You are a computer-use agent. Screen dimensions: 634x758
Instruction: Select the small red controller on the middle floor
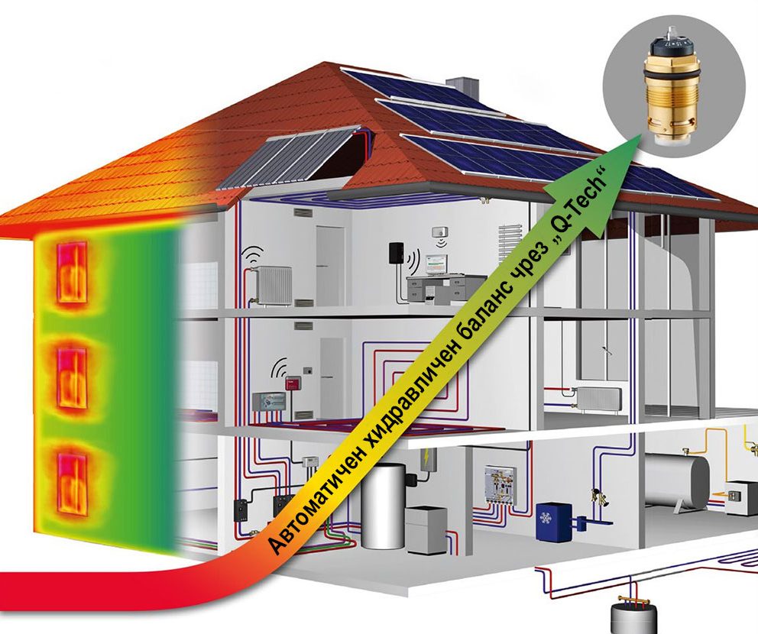[291, 382]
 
